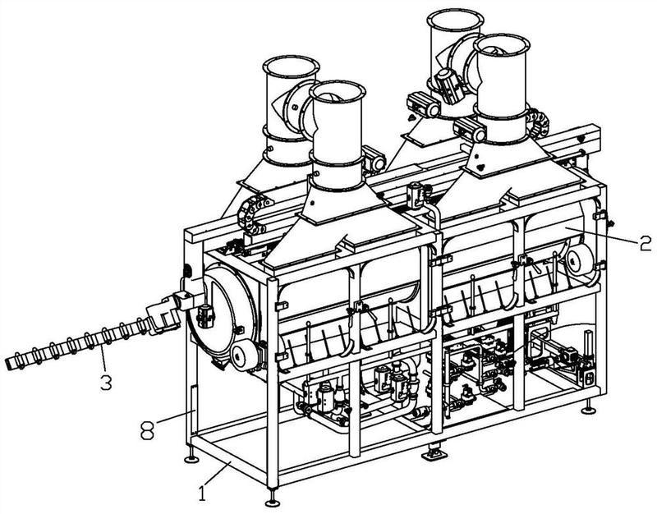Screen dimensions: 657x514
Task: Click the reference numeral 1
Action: (x=202, y=493)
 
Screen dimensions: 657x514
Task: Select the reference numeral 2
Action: (x=646, y=243)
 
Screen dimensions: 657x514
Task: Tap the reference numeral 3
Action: (x=106, y=382)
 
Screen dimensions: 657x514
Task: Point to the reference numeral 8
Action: (x=147, y=429)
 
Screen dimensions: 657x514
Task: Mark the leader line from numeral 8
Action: (x=176, y=417)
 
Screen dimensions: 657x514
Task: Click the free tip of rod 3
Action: (x=8, y=365)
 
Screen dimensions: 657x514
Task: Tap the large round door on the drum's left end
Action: (x=222, y=312)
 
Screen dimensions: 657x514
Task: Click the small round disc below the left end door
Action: (x=244, y=355)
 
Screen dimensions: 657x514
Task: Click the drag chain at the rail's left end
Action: (x=251, y=214)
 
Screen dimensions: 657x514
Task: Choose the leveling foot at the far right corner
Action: (x=589, y=408)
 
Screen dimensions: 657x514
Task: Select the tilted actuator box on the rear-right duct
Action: (x=449, y=87)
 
